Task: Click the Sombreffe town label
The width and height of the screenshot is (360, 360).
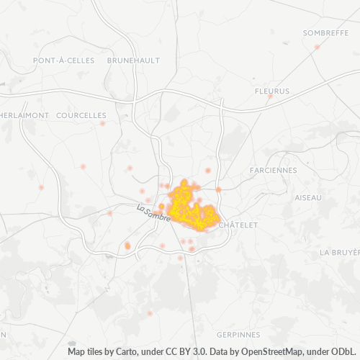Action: tap(321, 33)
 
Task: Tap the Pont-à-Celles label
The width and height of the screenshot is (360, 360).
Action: tap(63, 61)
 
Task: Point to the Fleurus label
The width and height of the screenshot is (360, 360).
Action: tap(271, 91)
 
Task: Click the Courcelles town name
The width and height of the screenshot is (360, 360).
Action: tap(81, 115)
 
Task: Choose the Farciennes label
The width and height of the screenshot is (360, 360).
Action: tap(272, 170)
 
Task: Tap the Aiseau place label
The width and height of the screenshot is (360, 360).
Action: tap(309, 197)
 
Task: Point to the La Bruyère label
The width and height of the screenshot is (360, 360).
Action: tap(339, 253)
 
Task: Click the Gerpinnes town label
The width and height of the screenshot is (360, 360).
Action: tap(238, 335)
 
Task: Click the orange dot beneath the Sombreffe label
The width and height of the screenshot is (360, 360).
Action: tap(317, 47)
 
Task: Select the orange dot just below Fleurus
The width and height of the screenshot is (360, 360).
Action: tap(270, 96)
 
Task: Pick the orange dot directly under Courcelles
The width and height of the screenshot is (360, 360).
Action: tap(103, 123)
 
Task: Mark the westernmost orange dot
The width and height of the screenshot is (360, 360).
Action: tap(41, 187)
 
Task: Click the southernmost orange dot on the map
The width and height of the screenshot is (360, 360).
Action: tap(150, 333)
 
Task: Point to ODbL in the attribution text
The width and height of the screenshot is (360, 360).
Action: tap(343, 353)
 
